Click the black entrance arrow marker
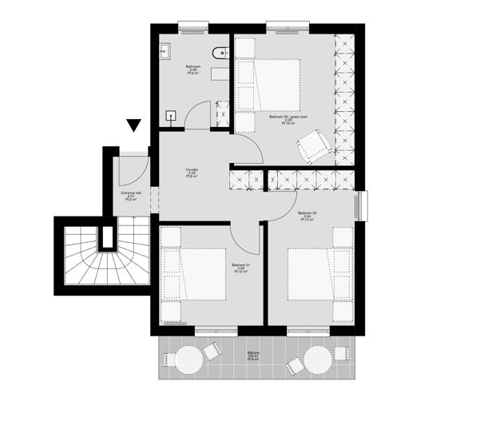point(133,125)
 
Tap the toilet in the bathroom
point(218,54)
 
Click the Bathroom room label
point(192,70)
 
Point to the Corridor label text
point(192,173)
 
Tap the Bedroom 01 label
point(240,268)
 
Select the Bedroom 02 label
point(307,216)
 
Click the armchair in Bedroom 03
point(313,146)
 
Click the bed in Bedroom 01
point(193,274)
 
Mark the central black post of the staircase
point(104,239)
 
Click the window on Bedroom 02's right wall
point(363,205)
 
